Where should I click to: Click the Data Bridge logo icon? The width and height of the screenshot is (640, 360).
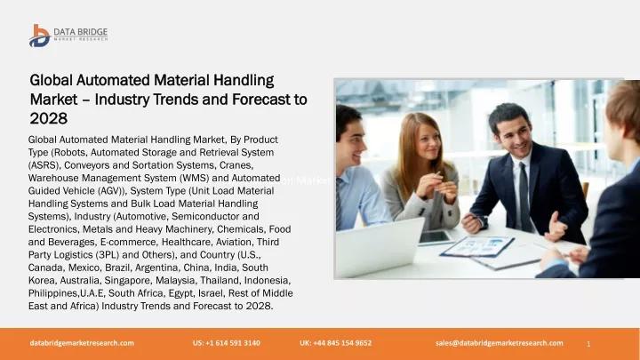point(40,36)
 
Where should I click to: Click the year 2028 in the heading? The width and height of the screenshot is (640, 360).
point(49,118)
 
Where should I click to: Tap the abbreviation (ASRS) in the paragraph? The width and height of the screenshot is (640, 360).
point(44,165)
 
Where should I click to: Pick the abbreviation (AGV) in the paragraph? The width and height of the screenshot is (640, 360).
point(110,191)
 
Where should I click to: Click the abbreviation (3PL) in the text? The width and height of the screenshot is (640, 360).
point(108,255)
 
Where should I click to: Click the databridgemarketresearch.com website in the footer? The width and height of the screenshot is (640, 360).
point(82,343)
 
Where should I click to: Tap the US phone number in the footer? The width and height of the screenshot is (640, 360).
point(227,343)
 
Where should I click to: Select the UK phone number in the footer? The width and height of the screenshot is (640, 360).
point(335,343)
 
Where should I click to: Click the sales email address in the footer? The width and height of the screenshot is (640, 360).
point(500,343)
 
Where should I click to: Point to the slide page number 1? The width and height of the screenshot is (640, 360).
point(588,344)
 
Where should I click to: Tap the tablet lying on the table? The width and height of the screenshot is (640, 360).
point(436,237)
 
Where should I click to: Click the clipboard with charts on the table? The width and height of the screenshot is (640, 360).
point(476,246)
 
